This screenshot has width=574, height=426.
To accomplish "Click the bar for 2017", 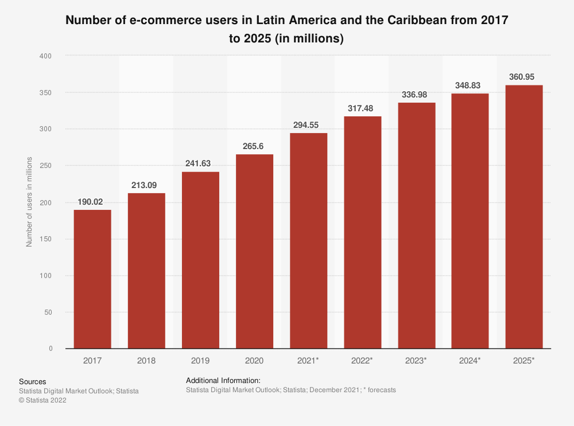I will pos(92,279).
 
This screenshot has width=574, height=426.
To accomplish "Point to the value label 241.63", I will pos(200,164).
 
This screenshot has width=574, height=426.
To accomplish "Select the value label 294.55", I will pos(308,125).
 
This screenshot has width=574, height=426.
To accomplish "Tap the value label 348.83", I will pos(470,85).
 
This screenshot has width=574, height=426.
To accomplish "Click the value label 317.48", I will pos(362,108).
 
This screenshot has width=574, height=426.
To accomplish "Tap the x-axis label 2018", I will pos(146,361).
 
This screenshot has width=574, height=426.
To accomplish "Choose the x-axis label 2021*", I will pos(308,361).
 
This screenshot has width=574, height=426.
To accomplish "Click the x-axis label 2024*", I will pos(470,361).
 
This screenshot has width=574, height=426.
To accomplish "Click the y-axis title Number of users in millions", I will pos(29,202).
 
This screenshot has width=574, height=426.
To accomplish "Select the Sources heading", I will pos(32,381).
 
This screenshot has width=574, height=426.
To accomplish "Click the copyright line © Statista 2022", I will pos(42,401).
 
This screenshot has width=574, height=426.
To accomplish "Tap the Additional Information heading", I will pos(223,380).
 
